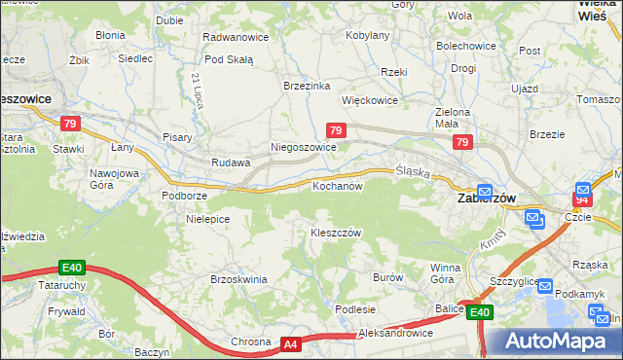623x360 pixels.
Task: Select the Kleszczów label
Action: pos(336,234)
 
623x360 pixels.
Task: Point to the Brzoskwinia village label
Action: pos(238,278)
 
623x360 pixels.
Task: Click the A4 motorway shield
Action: pos(291,343)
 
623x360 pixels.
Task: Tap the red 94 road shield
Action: pos(581,199)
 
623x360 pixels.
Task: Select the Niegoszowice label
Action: pos(303,147)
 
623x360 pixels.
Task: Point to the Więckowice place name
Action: pos(369,100)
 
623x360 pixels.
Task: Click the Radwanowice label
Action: pos(235,36)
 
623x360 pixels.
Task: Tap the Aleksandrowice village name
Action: pos(395,333)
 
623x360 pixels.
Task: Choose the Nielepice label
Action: pos(207,219)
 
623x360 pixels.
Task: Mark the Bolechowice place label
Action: pos(465,46)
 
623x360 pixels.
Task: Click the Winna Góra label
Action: pos(445,272)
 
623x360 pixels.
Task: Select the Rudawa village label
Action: pos(232,162)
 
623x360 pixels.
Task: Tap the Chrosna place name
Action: pos(250,342)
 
